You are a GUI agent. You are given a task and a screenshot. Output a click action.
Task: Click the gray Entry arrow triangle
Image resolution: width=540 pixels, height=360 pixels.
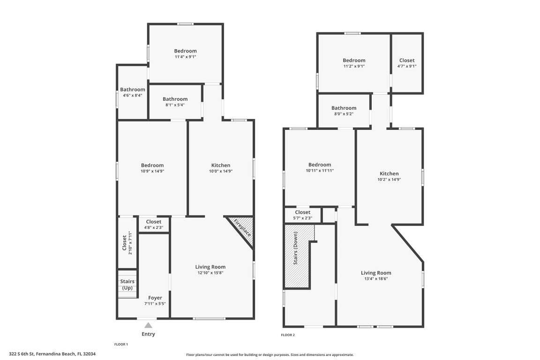(148, 326)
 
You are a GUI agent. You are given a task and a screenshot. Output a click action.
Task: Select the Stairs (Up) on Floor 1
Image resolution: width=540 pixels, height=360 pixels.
(127, 284)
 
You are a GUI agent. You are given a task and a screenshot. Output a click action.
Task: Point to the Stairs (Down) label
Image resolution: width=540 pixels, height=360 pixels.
(295, 248)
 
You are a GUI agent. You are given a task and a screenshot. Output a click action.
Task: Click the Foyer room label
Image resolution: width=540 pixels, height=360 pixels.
(155, 298)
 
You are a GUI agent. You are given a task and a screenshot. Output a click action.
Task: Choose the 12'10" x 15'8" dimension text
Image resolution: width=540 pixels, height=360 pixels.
(210, 273)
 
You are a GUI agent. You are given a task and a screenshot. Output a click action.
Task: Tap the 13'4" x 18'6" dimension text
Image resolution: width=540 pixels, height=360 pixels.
(376, 279)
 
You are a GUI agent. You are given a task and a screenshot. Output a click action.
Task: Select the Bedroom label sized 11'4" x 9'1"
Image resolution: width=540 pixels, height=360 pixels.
(185, 51)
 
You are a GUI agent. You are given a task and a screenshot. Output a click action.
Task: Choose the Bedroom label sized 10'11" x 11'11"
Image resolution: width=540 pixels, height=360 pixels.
(320, 165)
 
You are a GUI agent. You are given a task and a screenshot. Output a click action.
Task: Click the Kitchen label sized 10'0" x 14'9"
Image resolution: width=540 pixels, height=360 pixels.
(221, 165)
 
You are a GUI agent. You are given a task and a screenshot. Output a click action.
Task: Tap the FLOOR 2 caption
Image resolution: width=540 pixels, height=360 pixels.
(288, 335)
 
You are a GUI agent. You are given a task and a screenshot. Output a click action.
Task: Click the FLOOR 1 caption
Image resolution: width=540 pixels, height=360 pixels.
(121, 344)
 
